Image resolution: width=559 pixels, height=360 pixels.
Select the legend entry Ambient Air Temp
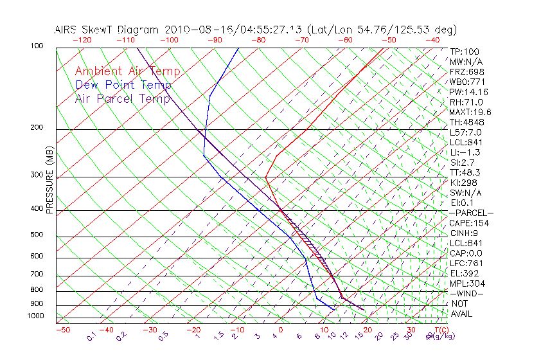pyautogui.click(x=127, y=71)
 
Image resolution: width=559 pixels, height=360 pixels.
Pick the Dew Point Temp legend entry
pyautogui.click(x=123, y=85)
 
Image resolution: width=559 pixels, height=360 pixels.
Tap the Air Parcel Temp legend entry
pyautogui.click(x=123, y=98)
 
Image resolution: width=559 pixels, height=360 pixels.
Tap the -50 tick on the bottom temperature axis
pyautogui.click(x=62, y=330)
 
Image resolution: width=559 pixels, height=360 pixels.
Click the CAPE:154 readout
pyautogui.click(x=469, y=223)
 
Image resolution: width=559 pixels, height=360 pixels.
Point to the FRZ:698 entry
pyautogui.click(x=466, y=71)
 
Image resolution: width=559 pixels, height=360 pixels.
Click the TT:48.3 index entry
pyautogui.click(x=465, y=172)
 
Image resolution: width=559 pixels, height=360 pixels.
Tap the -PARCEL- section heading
pyautogui.click(x=471, y=213)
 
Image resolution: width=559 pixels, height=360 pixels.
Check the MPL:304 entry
pyautogui.click(x=467, y=283)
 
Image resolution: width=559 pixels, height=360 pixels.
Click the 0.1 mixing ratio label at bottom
pyautogui.click(x=92, y=336)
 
